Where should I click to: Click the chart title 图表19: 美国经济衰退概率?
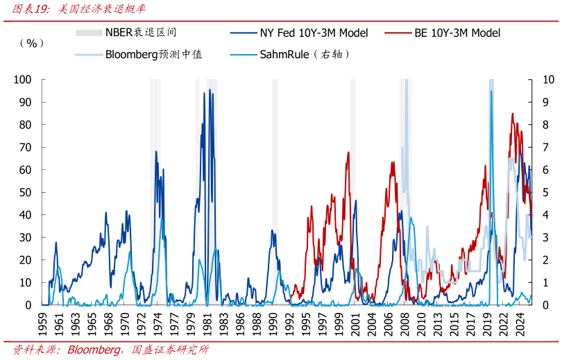76,9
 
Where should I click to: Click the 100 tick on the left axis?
22,80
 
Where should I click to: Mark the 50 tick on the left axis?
24,192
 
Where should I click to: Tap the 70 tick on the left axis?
24,147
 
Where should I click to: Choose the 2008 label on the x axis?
404,323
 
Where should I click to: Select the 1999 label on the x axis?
339,323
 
